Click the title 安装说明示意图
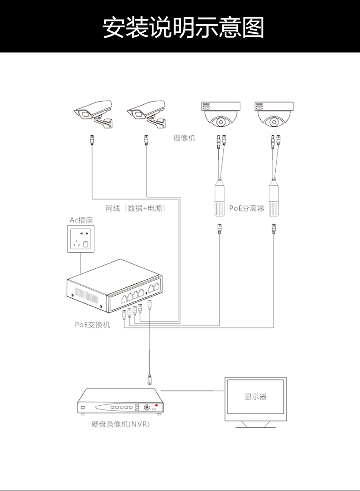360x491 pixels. pyautogui.click(x=183, y=27)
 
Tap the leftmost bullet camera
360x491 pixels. pyautogui.click(x=94, y=113)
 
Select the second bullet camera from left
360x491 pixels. pyautogui.click(x=146, y=113)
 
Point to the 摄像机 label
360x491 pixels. pyautogui.click(x=184, y=138)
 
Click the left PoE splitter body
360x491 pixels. pyautogui.click(x=220, y=199)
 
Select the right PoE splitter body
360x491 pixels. pyautogui.click(x=274, y=199)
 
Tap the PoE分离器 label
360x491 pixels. pyautogui.click(x=247, y=209)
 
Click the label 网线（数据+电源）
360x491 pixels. pyautogui.click(x=135, y=209)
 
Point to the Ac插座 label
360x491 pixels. pyautogui.click(x=81, y=220)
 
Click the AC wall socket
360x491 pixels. pyautogui.click(x=81, y=240)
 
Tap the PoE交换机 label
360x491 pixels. pyautogui.click(x=93, y=325)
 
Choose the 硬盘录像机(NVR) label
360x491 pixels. pyautogui.click(x=120, y=425)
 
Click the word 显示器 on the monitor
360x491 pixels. pyautogui.click(x=255, y=397)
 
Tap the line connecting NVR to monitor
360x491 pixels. pyautogui.click(x=191, y=391)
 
